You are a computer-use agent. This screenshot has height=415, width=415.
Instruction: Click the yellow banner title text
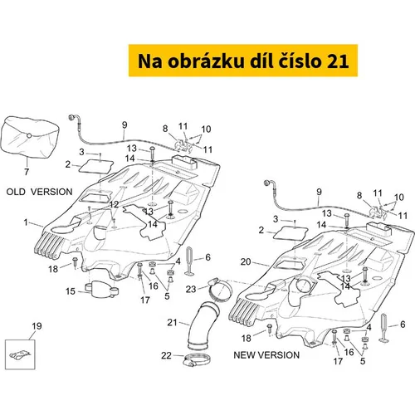point(243,61)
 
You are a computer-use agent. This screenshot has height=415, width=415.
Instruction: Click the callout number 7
point(27,172)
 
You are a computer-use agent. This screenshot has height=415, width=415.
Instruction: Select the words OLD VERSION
point(39,192)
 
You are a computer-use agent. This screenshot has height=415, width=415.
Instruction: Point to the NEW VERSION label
point(266,355)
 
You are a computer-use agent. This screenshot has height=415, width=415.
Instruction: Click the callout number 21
point(172,322)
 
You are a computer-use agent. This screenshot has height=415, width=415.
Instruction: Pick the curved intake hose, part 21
point(201,326)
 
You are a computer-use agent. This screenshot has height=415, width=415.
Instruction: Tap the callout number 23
point(191,289)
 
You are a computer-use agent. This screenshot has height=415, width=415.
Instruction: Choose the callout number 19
point(37,326)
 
